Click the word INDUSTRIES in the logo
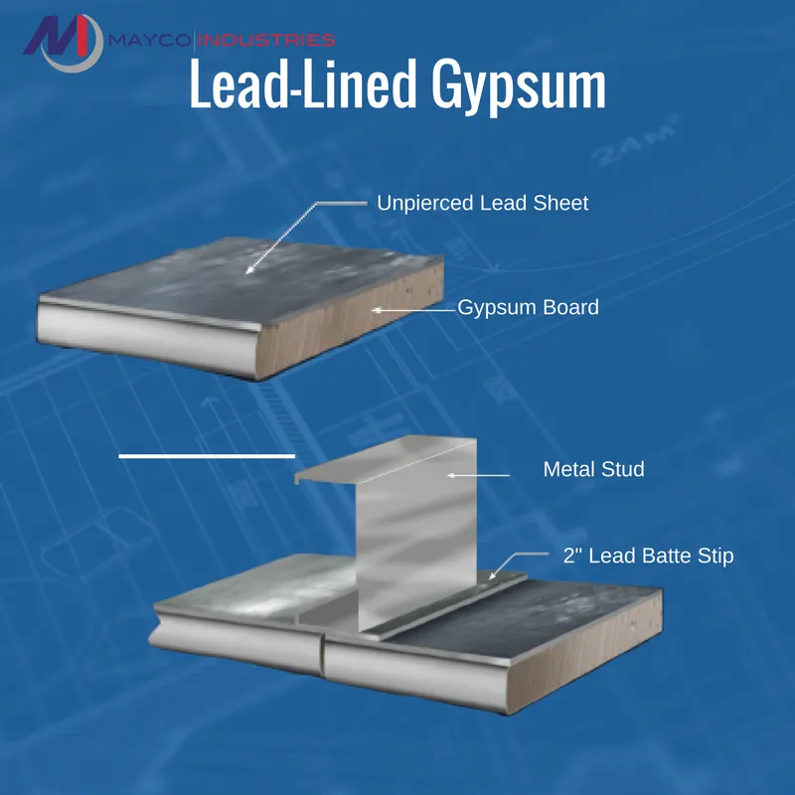(267, 41)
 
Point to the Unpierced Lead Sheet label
(482, 204)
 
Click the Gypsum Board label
(528, 308)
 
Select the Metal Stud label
(593, 469)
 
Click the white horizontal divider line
(207, 455)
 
